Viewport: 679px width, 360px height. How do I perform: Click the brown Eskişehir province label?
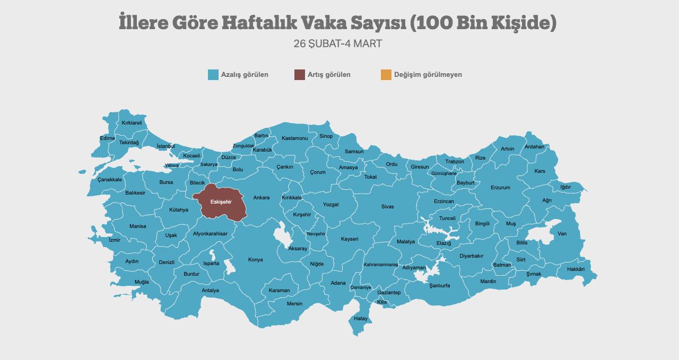[221, 202]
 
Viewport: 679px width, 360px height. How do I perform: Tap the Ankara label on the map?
[261, 198]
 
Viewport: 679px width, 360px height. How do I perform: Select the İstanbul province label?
[166, 146]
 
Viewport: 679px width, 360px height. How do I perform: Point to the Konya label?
[255, 260]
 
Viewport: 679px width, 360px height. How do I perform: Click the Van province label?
[562, 234]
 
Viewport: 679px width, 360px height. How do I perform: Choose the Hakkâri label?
[576, 269]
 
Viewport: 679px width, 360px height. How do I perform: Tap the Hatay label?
[361, 319]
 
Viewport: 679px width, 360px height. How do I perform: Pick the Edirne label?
[107, 138]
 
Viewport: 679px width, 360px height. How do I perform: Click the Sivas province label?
[387, 207]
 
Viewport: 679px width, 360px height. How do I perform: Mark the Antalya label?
[210, 291]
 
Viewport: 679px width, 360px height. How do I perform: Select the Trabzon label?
[455, 162]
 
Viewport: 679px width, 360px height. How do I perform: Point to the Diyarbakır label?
[471, 256]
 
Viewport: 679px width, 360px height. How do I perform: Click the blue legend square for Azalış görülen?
[213, 75]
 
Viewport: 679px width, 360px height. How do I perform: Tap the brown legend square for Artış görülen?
[300, 75]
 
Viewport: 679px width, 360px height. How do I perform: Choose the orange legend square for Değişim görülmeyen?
[386, 75]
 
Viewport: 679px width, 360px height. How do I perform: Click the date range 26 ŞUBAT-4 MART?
[338, 43]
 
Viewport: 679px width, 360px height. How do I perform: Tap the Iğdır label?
[565, 187]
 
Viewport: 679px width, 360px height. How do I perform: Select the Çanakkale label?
[110, 180]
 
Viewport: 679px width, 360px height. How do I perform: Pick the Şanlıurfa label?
[439, 286]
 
